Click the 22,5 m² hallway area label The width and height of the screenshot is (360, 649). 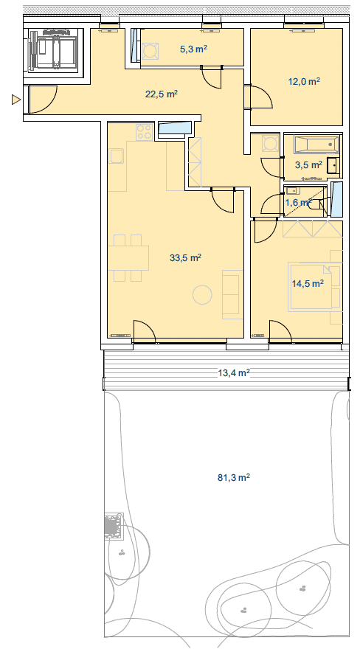coord(162,94)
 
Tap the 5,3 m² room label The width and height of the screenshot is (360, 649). coord(193,49)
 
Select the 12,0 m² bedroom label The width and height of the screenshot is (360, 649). coord(304,81)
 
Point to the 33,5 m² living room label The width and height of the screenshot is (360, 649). coord(185,257)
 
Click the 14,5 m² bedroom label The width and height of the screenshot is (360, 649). coord(307,283)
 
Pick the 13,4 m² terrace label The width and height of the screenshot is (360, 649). coord(234,373)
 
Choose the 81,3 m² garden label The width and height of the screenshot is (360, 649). coord(234,478)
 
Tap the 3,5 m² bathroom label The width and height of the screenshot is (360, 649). coord(308,165)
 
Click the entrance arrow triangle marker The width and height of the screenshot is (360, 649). coord(15,100)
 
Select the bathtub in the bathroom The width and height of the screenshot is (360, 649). coord(316,145)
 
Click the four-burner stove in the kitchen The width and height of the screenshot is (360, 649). coord(145,132)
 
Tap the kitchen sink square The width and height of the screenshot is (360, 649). coord(117,156)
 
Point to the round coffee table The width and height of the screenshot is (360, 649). coord(202,295)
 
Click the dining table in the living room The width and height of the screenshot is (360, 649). coord(128,258)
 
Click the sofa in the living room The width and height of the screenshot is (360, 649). coord(232,294)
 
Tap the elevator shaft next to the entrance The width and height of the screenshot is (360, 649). coord(54,50)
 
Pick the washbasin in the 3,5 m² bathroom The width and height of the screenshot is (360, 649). coord(333,165)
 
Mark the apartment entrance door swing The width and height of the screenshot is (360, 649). coord(44,100)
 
